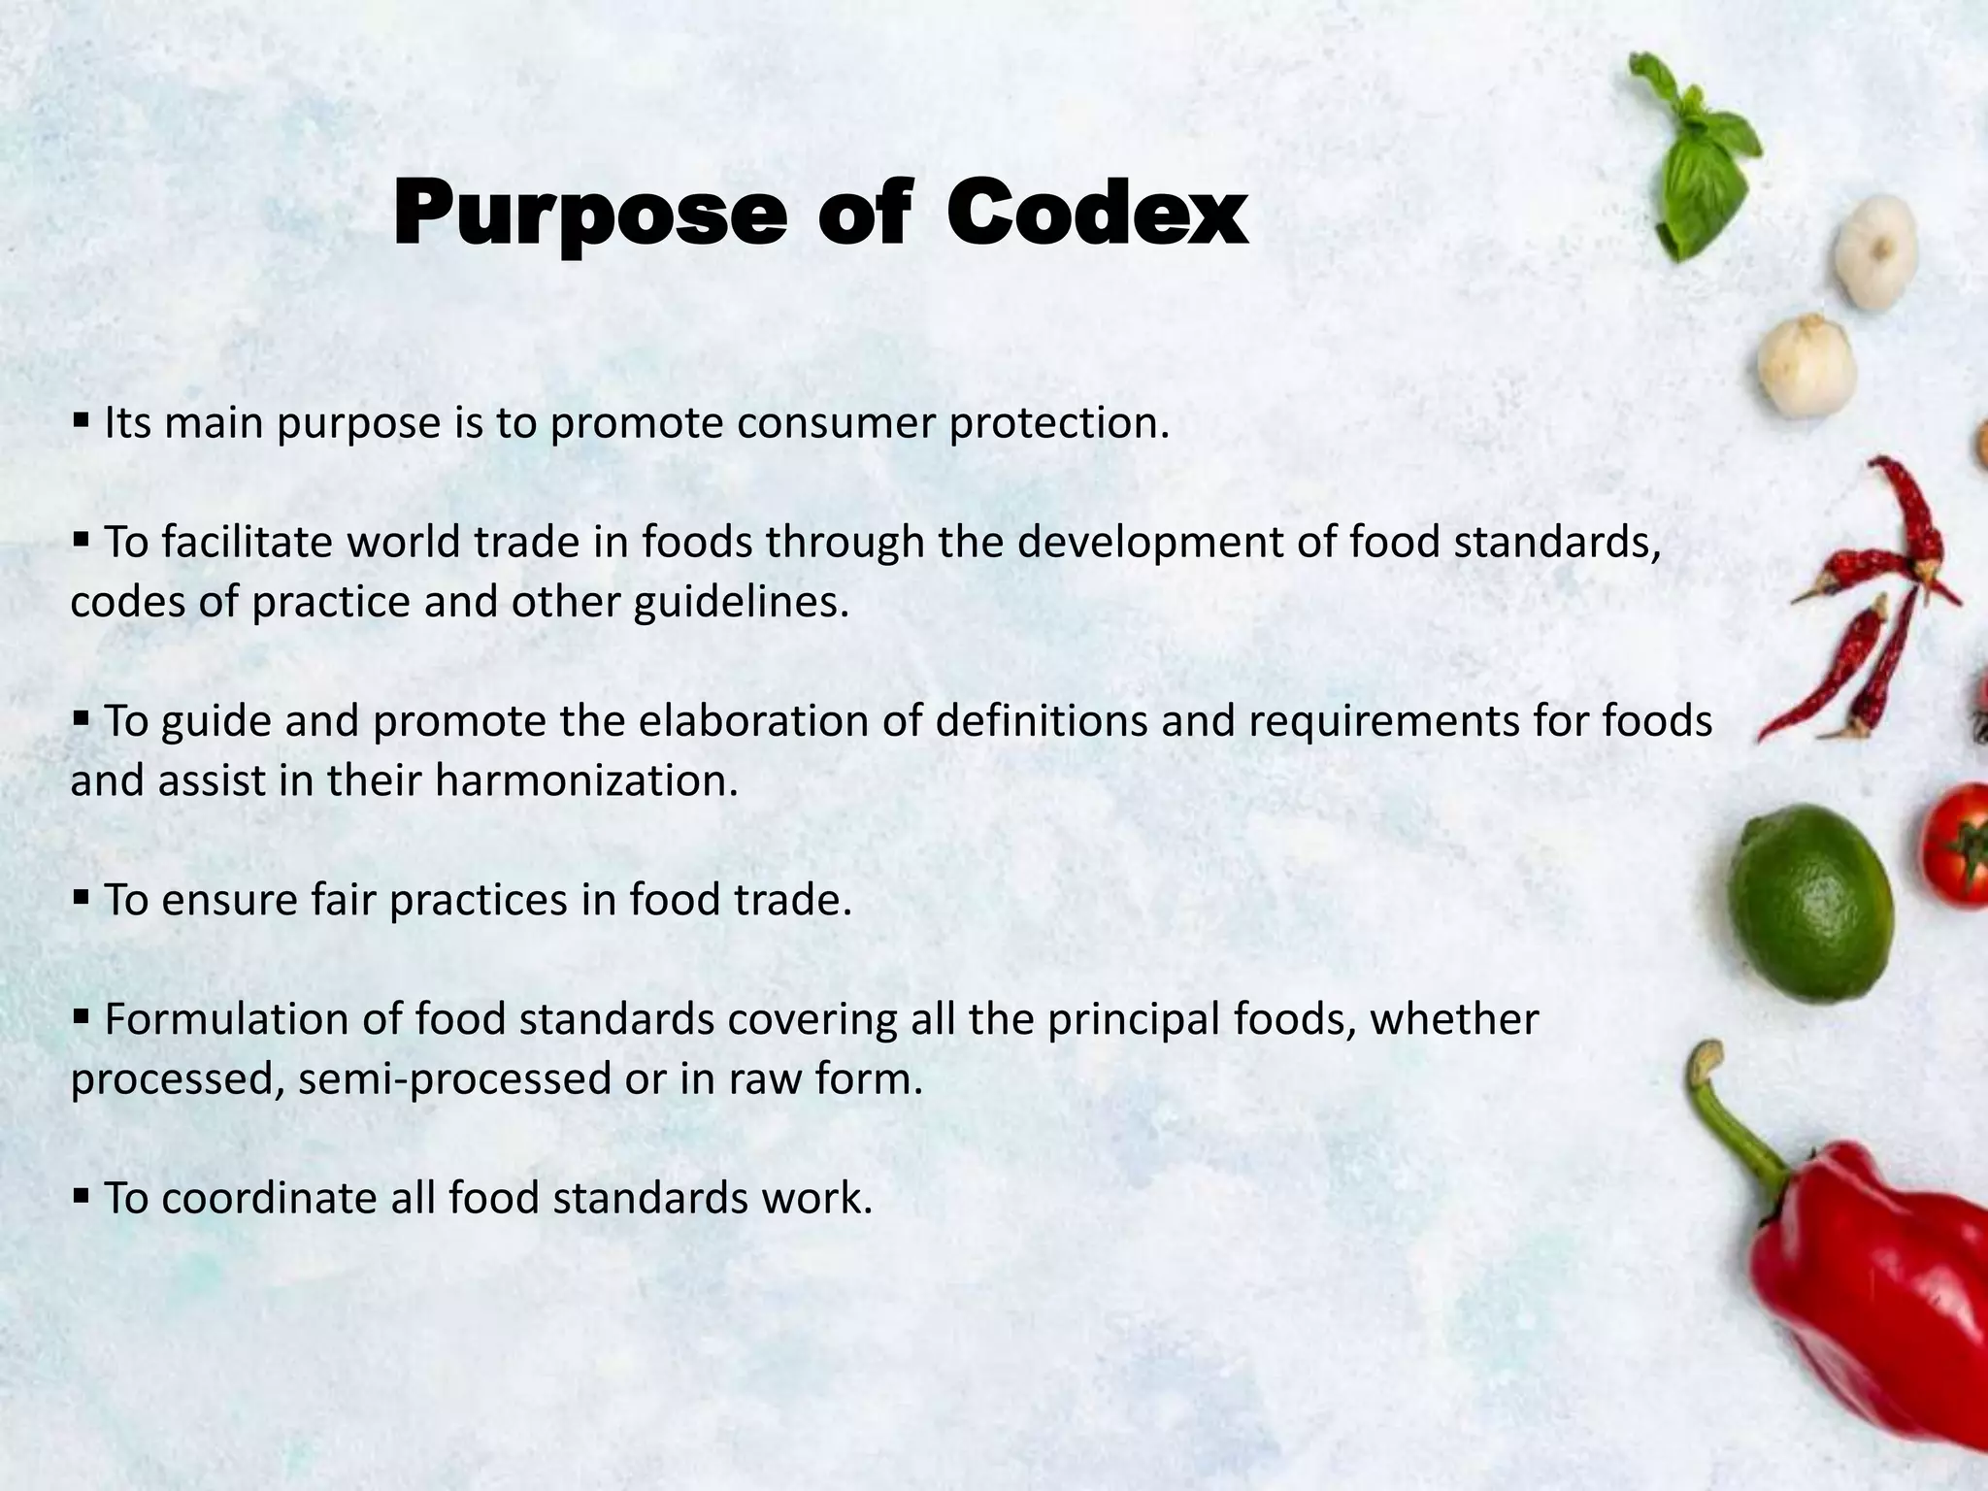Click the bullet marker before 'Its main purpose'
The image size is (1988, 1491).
tap(81, 421)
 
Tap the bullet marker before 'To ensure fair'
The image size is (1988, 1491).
tap(81, 898)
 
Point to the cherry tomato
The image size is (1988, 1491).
tap(1956, 845)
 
